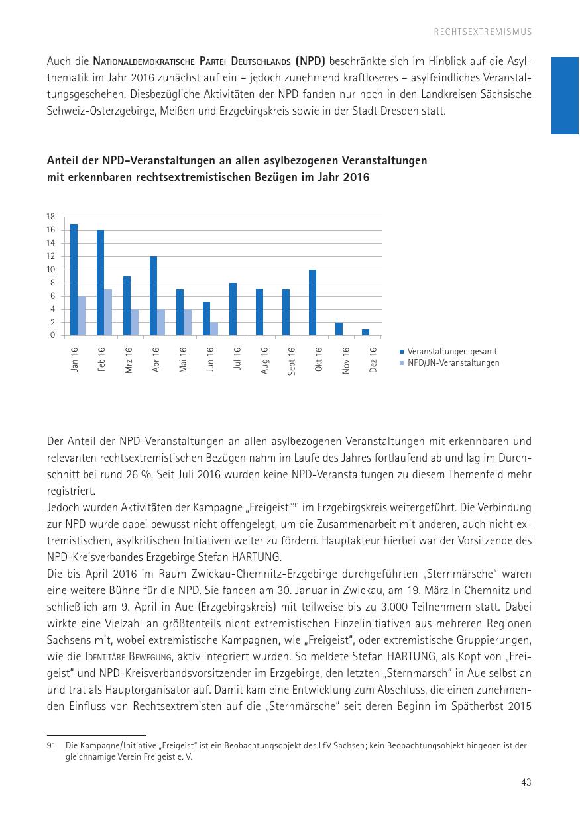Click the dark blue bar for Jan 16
tap(74, 280)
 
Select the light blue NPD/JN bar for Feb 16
tap(108, 313)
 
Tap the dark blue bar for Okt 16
tap(312, 303)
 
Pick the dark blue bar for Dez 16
tap(365, 332)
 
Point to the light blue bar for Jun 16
tap(214, 329)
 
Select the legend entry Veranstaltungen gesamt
tap(451, 352)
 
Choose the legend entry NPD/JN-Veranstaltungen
tap(453, 363)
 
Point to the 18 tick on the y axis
tap(50, 217)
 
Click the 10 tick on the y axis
tap(50, 270)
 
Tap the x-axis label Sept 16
tap(292, 362)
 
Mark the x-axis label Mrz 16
tap(129, 360)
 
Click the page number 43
tap(526, 782)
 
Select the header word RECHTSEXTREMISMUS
tap(483, 32)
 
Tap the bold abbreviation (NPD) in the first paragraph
tap(310, 61)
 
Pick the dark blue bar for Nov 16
tap(339, 329)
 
